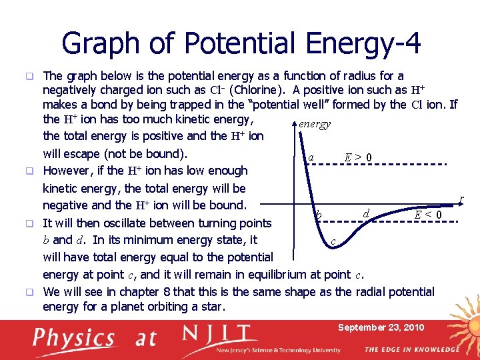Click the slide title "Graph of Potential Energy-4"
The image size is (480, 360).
[x=241, y=44]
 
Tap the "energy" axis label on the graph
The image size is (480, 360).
[x=315, y=124]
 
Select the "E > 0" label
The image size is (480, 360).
[x=358, y=158]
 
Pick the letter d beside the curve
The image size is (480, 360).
[x=366, y=213]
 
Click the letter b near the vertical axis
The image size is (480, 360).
[x=320, y=215]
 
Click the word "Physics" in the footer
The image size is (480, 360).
[x=75, y=338]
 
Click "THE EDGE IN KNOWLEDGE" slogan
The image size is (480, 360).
[x=411, y=349]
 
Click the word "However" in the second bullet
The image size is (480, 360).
[x=67, y=171]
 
